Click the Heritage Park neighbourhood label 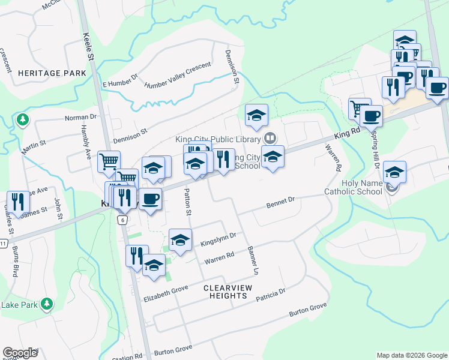pos(43,73)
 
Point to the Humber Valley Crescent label pos(178,74)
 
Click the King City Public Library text pos(217,139)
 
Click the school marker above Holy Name pos(394,172)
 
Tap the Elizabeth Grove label pos(166,293)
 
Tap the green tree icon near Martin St pos(23,119)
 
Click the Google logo pos(20,353)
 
